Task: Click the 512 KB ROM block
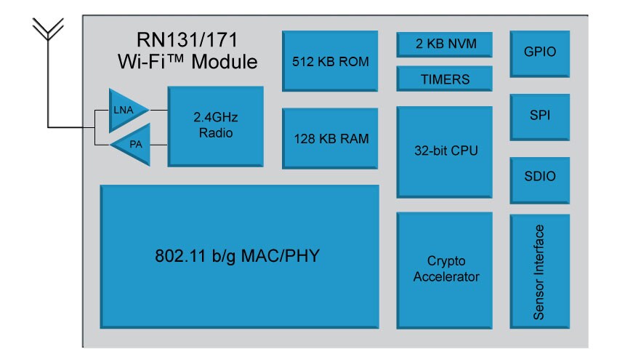click(x=330, y=61)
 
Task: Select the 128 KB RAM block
click(x=330, y=138)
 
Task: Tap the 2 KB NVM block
click(x=445, y=44)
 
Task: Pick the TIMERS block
click(x=445, y=79)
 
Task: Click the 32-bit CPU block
click(x=445, y=152)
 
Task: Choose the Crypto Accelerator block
click(x=445, y=271)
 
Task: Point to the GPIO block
click(x=540, y=54)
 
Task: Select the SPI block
click(x=540, y=117)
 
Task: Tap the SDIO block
click(x=540, y=180)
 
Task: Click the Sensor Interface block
click(x=540, y=271)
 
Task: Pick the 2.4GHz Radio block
click(x=215, y=126)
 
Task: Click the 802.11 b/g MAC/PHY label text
click(x=237, y=256)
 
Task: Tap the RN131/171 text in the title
click(x=187, y=40)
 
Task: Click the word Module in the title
click(x=225, y=62)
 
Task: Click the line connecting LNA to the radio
click(x=158, y=110)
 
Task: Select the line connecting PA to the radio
click(x=158, y=145)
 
